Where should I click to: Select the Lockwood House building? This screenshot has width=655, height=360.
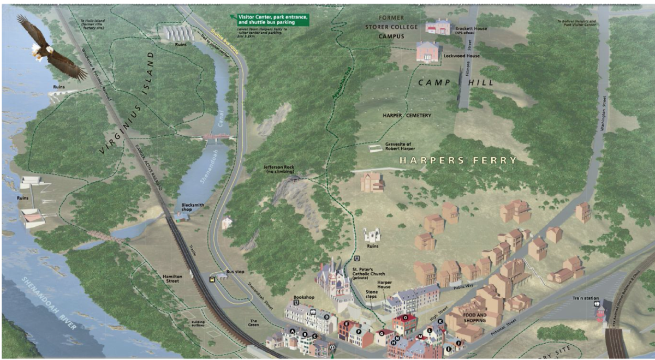click(429, 51)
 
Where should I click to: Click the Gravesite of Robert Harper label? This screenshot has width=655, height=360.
click(398, 146)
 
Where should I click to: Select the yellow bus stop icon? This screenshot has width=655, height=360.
click(211, 279)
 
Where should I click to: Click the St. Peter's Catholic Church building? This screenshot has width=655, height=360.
click(334, 278)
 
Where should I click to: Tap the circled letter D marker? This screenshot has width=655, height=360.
click(326, 317)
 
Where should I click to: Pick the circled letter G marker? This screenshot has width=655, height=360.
click(382, 334)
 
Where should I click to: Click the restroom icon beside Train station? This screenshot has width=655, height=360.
click(598, 304)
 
